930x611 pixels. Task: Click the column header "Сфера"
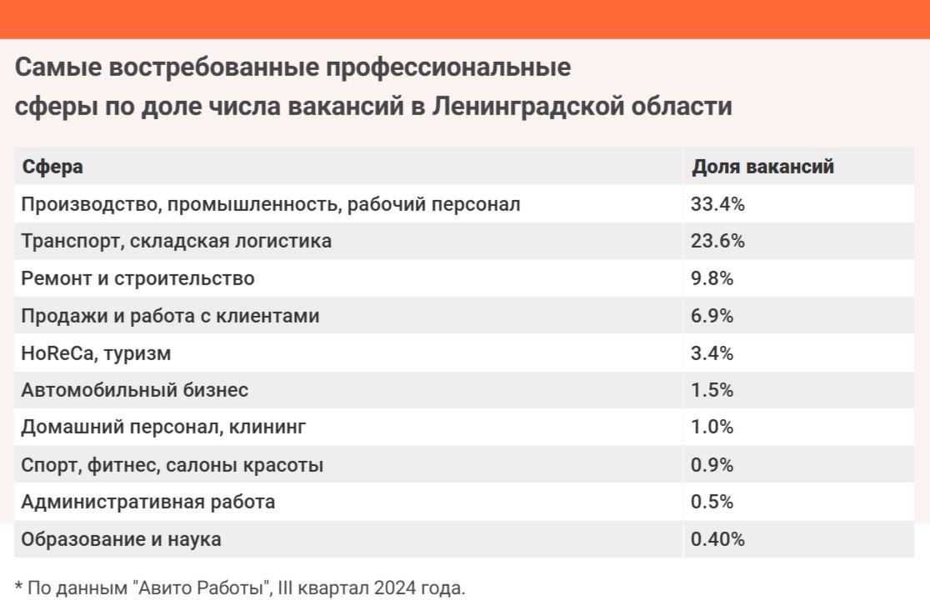[52, 167]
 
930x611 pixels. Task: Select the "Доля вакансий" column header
[762, 167]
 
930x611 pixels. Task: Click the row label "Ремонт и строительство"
[137, 279]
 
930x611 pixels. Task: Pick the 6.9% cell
[712, 317]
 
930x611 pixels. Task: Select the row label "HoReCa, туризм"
[96, 353]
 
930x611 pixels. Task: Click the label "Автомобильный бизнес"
[135, 390]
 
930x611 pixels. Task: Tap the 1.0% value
[712, 428]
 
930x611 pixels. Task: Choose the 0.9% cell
[712, 465]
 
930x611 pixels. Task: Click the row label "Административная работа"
[148, 503]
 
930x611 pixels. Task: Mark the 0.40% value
[717, 540]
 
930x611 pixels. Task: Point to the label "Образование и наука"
[122, 540]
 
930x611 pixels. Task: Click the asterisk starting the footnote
[18, 587]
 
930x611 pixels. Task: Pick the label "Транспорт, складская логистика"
[177, 242]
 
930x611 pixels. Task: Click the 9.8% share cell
[712, 279]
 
